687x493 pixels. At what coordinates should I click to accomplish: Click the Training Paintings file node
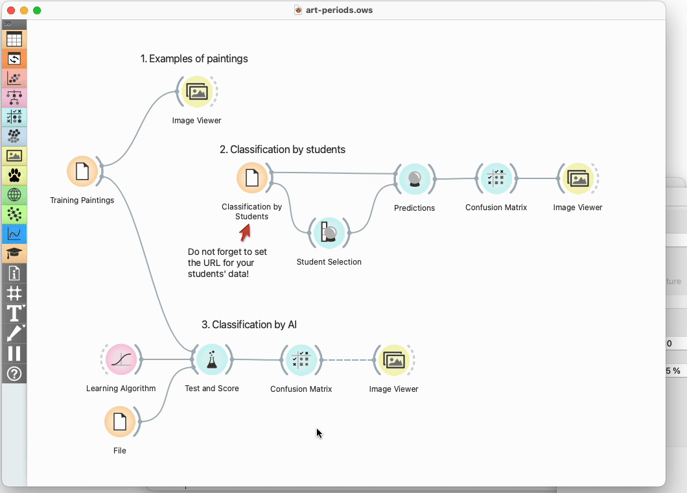coord(82,171)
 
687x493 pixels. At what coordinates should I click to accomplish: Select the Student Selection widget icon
coord(329,232)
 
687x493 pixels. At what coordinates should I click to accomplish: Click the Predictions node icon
coord(415,178)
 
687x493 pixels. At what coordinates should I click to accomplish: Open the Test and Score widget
coord(212,359)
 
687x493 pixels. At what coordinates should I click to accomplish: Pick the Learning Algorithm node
coord(121,359)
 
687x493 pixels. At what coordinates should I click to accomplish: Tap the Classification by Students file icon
coord(252,178)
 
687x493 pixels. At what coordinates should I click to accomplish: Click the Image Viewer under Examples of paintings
coord(197,91)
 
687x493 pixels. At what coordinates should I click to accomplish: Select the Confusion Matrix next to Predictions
coord(496,178)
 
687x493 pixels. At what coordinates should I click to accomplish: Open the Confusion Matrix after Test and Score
coord(301,360)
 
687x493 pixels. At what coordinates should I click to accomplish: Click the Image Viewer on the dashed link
coord(394,360)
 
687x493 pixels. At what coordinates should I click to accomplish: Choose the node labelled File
coord(120,422)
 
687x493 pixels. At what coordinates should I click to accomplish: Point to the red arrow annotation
coord(245,232)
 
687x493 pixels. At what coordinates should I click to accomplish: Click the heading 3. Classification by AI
coord(249,324)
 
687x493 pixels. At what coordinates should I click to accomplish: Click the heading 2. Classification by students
coord(282,150)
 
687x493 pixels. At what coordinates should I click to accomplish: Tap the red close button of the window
coord(11,10)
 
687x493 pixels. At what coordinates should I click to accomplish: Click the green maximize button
coord(37,10)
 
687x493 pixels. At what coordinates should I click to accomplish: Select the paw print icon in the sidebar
coord(14,175)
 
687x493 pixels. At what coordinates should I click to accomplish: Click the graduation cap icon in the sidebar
coord(14,253)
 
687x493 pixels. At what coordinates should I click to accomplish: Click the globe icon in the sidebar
coord(14,195)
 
